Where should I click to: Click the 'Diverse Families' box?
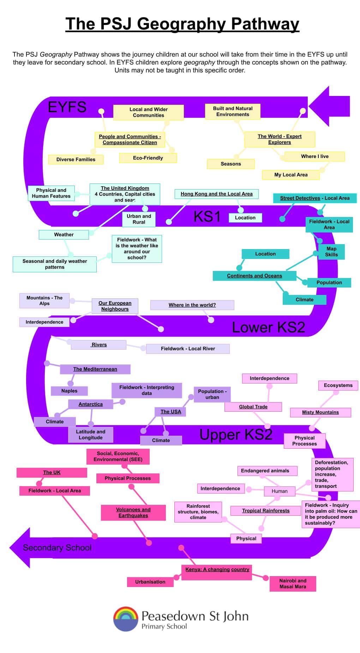(76, 159)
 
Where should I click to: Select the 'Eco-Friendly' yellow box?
(148, 158)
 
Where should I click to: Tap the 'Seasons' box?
(231, 164)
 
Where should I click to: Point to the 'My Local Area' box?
(291, 175)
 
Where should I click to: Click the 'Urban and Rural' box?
(139, 219)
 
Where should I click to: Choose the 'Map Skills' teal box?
(331, 252)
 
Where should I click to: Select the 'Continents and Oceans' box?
(254, 276)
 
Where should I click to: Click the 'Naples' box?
(69, 391)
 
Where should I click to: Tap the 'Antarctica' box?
(91, 404)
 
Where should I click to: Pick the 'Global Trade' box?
(253, 407)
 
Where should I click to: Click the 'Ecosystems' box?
(338, 385)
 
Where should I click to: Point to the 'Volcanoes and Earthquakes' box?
(133, 513)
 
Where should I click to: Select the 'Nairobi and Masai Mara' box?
(293, 584)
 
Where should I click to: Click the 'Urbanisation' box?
(150, 582)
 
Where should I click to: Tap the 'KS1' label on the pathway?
(207, 216)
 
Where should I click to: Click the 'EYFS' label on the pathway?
(67, 107)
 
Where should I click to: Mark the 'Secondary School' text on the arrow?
(57, 548)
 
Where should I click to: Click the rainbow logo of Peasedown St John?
(125, 619)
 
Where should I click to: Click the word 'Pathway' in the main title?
(265, 24)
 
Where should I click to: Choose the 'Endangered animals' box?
(265, 471)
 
